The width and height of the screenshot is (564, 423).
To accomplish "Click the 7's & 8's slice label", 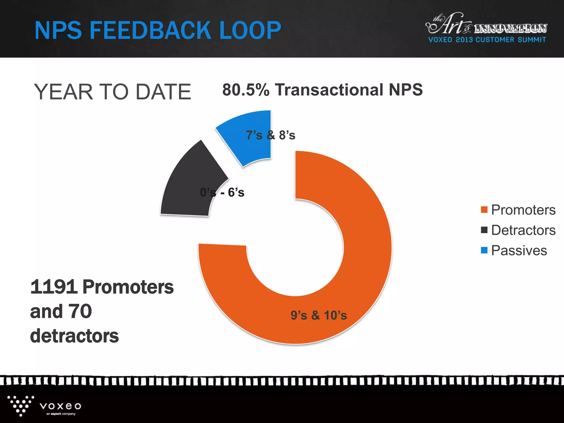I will point(271,135).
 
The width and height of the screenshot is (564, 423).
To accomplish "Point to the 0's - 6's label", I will point(222,192).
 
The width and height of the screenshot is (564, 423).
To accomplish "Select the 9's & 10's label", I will point(319,315).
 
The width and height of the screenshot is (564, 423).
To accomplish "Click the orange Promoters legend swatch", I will point(484,210).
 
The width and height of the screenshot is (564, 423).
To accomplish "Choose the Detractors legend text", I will point(523,230).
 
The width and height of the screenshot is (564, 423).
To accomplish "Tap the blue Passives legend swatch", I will point(484,250).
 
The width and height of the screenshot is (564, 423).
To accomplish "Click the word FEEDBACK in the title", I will point(151,30).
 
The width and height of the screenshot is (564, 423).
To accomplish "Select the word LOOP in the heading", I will point(250,30).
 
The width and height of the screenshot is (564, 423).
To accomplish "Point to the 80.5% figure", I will point(246,90).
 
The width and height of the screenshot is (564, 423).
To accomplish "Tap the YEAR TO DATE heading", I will point(112,92).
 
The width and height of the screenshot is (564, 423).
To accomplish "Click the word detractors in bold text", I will point(74,336).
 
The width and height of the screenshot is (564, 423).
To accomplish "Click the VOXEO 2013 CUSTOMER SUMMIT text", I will point(487,40).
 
